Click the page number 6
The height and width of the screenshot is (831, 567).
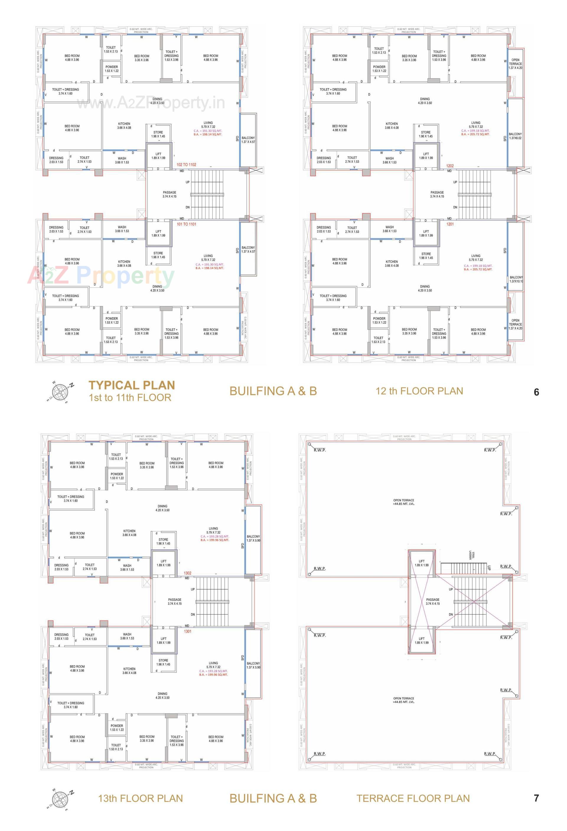(x=536, y=392)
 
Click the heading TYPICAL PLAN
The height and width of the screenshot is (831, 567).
(x=132, y=385)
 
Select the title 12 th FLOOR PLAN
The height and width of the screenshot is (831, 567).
(x=419, y=391)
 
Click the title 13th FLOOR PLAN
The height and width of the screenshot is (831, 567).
(x=140, y=798)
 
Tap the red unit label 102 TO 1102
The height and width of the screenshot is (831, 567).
(x=186, y=165)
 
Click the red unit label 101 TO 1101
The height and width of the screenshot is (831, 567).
(x=186, y=224)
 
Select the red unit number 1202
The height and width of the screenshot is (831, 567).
(x=450, y=166)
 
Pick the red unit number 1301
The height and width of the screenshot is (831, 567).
(x=188, y=631)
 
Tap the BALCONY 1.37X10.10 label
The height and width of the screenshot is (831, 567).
(x=516, y=279)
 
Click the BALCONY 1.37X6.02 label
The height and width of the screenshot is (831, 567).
(x=515, y=136)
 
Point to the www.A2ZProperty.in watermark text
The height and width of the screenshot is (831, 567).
(x=151, y=103)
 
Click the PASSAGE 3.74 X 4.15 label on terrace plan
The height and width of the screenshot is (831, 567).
(x=432, y=601)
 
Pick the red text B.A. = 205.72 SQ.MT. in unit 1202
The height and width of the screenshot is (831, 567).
(x=475, y=134)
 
